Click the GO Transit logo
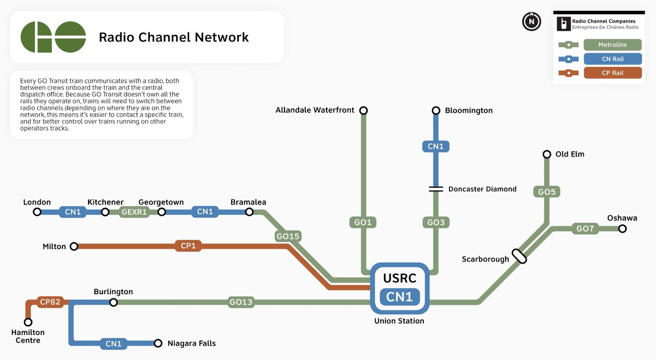[53, 37]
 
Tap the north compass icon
[531, 22]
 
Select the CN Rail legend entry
[612, 59]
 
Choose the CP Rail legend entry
[612, 73]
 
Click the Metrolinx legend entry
[612, 45]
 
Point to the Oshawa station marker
[622, 229]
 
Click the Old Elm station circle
[547, 154]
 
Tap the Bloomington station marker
[436, 111]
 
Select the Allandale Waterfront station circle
[363, 111]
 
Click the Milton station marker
[74, 247]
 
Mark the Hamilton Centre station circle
[28, 322]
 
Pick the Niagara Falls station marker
[158, 343]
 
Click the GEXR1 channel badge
[134, 212]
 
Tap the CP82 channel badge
[50, 302]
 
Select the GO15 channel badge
[288, 236]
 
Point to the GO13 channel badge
[241, 302]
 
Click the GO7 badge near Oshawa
[585, 229]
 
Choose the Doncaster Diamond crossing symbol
[436, 189]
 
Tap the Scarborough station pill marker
[520, 256]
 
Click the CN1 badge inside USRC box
[400, 297]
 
